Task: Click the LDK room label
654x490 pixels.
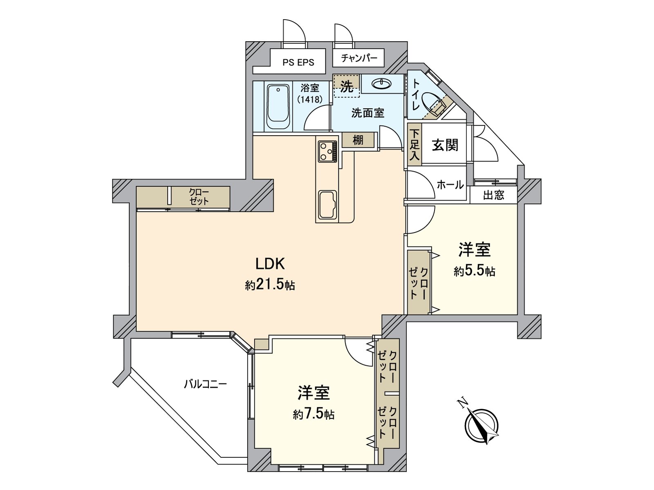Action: [270, 264]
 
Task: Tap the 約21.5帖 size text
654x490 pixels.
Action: [270, 285]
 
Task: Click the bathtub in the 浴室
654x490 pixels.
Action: [278, 107]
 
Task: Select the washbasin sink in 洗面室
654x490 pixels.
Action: [382, 84]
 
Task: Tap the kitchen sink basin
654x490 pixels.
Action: [327, 205]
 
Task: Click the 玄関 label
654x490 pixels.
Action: [445, 145]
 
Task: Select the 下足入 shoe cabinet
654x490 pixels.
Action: [414, 145]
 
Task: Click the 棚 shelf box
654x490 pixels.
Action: [358, 140]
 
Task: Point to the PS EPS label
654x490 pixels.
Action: [298, 62]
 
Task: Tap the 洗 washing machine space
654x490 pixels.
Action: [347, 87]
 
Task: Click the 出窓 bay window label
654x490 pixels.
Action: [493, 195]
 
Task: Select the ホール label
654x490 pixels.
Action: [450, 185]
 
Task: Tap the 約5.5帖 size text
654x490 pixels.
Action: [474, 271]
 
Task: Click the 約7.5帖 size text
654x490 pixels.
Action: [314, 414]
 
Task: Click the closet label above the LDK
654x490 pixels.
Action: [199, 197]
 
